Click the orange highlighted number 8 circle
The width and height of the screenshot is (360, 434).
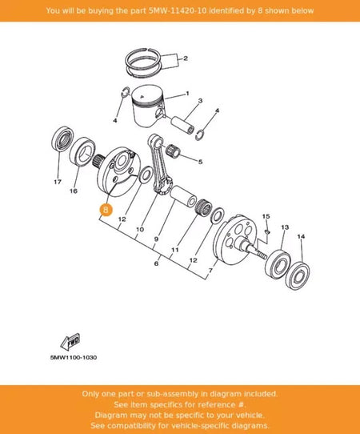(106, 210)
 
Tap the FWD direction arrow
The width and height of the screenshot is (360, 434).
(70, 342)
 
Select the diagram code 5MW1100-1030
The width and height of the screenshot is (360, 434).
(74, 357)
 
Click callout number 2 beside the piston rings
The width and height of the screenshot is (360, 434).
(186, 58)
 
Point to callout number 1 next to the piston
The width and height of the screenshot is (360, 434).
(187, 93)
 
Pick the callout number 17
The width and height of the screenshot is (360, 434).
(58, 182)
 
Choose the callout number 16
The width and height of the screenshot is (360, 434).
(74, 191)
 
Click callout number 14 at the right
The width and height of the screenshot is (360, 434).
(301, 236)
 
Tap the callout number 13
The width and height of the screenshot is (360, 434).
(285, 227)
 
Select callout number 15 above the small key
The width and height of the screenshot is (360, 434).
(266, 216)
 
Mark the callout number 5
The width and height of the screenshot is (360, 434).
(201, 162)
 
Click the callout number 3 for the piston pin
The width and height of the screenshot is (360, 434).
(200, 101)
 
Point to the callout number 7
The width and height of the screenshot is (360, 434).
(211, 270)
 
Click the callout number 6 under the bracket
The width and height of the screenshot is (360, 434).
(157, 263)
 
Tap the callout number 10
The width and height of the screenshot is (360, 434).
(140, 230)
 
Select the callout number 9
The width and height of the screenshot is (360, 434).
(157, 239)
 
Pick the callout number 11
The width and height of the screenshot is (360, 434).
(175, 250)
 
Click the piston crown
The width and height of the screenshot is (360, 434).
(147, 95)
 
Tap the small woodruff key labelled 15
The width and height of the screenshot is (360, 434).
(267, 231)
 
